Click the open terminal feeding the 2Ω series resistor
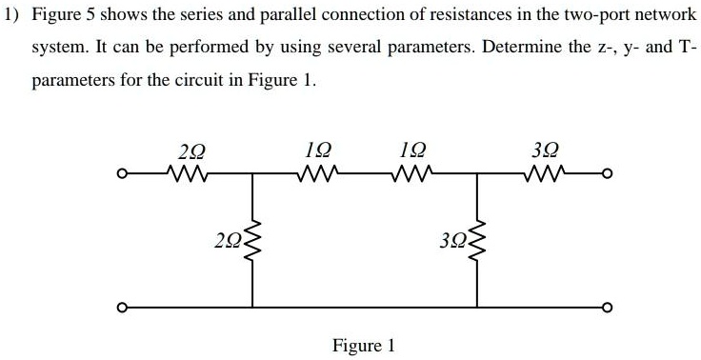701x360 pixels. [x=121, y=174]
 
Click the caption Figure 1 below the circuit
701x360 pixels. [x=363, y=345]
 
